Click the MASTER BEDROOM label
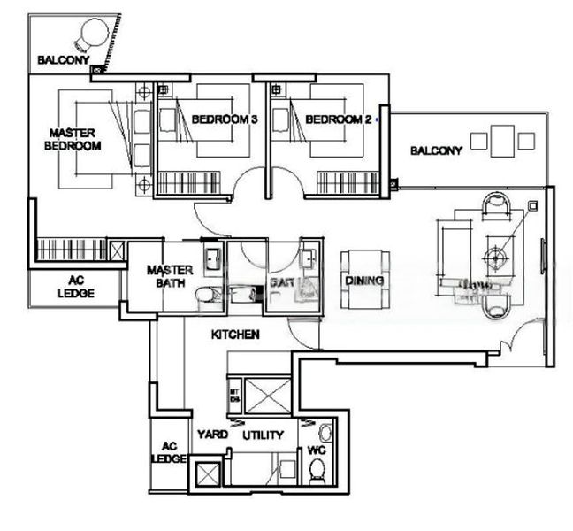74,139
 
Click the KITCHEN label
234,335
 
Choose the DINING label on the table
364,281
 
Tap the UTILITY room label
263,435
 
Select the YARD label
212,435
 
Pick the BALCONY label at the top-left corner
63,61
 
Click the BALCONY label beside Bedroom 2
436,151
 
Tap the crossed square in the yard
207,474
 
